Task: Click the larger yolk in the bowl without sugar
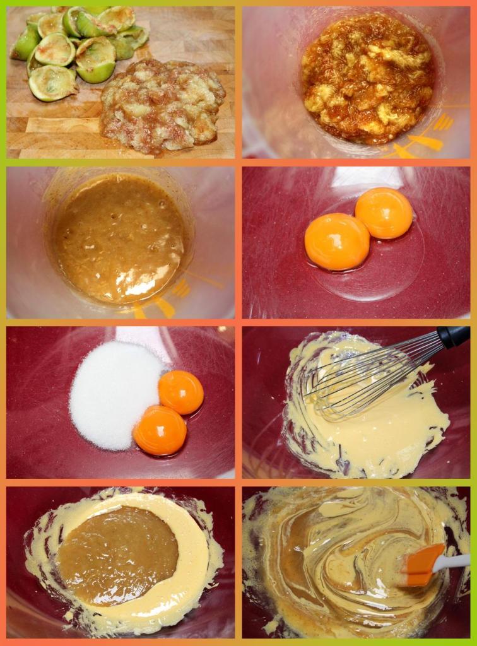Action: tap(337, 242)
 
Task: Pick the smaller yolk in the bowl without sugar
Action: tap(384, 213)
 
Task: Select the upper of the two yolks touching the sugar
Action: tap(181, 392)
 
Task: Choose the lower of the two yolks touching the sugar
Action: tap(160, 431)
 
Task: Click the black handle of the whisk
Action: tap(454, 337)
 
